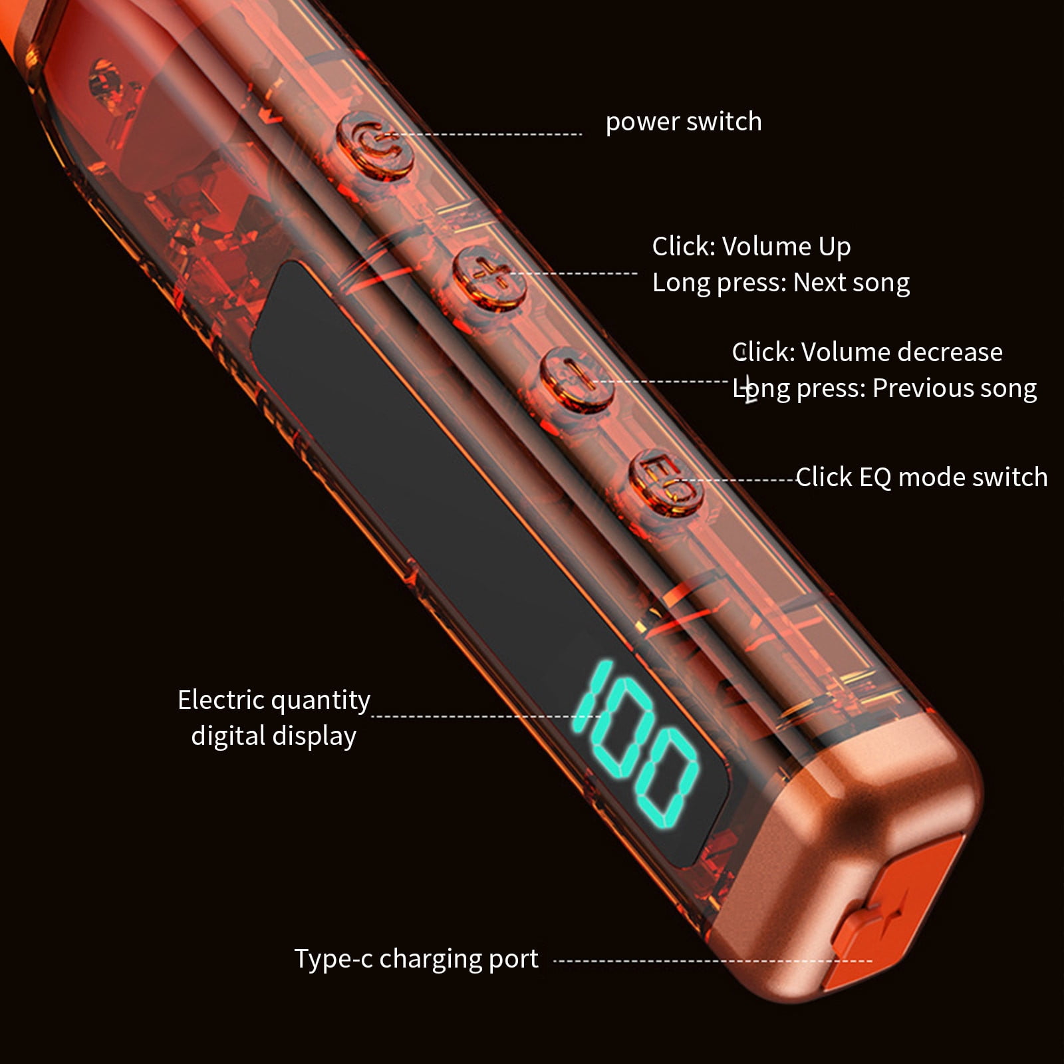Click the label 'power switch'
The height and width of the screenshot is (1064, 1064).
684,122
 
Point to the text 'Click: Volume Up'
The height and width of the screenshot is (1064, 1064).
751,247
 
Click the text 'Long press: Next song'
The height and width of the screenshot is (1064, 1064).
781,283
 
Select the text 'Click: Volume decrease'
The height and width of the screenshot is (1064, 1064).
867,352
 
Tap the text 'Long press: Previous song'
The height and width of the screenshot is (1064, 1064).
884,388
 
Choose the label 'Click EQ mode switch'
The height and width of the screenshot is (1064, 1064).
922,477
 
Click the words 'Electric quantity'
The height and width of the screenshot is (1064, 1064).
274,700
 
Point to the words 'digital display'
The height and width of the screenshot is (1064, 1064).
274,736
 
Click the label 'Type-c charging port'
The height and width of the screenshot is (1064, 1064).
416,959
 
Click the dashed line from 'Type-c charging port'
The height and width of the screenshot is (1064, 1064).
712,960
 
